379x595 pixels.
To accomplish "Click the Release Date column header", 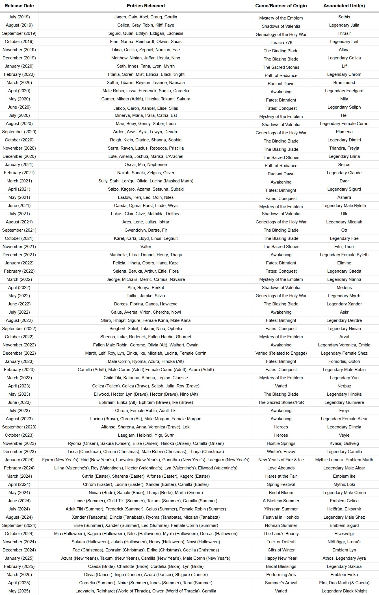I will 19,6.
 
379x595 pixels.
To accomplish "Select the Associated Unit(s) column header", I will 344,6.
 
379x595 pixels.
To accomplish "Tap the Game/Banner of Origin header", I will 281,6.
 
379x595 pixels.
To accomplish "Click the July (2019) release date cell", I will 19,17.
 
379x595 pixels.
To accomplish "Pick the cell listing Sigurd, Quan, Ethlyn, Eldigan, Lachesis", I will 146,33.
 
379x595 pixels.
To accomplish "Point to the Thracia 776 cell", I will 281,43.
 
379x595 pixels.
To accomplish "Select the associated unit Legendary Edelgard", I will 344,91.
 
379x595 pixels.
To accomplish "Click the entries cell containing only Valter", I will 146,247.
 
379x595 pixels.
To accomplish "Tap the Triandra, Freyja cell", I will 344,148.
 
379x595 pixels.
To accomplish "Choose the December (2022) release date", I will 19,353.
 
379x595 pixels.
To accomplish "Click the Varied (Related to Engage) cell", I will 281,353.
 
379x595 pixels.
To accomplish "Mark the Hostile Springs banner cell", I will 281,443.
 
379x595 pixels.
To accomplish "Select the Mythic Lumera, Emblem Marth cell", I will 344,460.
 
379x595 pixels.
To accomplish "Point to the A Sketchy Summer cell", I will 281,501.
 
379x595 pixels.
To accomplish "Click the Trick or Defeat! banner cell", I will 281,542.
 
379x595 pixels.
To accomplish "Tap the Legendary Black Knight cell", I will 344,591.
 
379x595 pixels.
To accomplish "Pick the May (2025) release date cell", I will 19,591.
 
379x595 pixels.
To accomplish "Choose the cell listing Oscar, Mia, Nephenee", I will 146,165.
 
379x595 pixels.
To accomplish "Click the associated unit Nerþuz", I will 344,386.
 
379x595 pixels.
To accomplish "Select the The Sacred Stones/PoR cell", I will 281,402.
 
